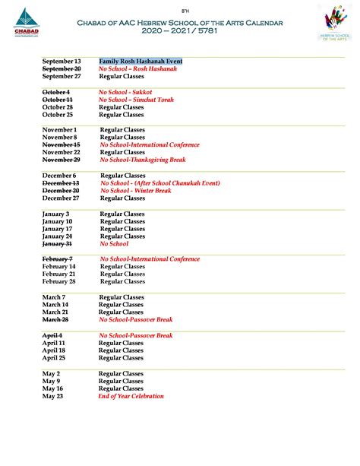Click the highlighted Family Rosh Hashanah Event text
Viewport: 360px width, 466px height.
pos(141,61)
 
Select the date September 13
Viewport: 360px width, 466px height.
pos(62,61)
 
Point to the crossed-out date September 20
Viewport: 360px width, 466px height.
pos(62,68)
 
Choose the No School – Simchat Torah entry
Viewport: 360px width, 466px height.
pos(137,100)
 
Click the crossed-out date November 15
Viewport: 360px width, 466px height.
pos(61,144)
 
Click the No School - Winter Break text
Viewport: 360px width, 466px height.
pos(136,191)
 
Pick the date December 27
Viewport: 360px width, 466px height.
pos(62,198)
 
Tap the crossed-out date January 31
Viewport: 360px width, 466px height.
pos(57,244)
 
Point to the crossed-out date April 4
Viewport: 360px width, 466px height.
pos(52,335)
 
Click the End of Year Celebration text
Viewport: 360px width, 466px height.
pos(131,396)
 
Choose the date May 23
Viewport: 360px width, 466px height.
pos(52,396)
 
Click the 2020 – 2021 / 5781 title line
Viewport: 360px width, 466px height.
pos(180,32)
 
